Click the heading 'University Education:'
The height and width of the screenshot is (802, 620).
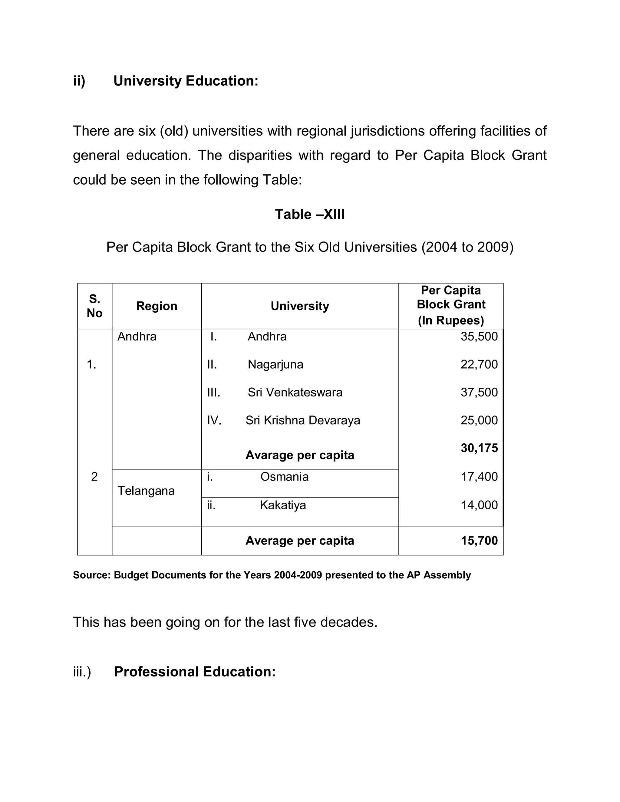186,81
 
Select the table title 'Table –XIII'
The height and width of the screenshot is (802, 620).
310,215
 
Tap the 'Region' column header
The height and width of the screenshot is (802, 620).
157,306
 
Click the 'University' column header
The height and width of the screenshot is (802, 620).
300,306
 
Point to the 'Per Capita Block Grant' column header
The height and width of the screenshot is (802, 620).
451,305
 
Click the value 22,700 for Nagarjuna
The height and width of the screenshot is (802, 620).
479,365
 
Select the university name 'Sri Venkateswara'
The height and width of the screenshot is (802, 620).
295,393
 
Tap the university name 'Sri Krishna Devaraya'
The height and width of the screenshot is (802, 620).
303,420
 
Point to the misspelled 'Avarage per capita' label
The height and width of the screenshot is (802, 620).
300,455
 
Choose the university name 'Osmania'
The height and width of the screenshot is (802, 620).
284,477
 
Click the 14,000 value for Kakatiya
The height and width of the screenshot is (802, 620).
479,505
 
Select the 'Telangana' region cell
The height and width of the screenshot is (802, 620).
146,491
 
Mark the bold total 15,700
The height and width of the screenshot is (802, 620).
479,541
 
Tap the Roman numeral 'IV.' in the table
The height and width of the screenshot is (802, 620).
214,420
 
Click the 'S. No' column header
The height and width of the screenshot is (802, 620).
94,306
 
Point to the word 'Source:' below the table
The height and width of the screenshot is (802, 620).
91,575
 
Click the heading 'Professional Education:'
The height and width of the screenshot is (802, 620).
195,672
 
